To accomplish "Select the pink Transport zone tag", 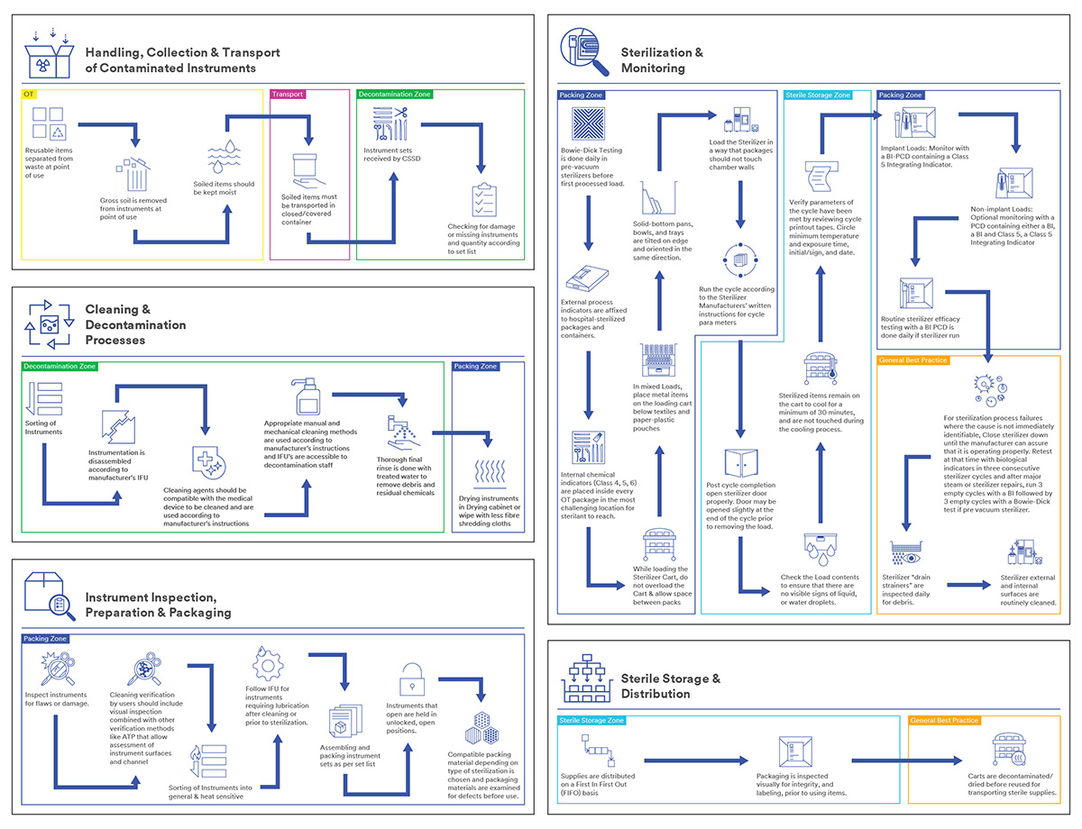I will pos(289,94).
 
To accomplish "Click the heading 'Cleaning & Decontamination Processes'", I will pos(135,324).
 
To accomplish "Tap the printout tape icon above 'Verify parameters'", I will pos(819,174).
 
